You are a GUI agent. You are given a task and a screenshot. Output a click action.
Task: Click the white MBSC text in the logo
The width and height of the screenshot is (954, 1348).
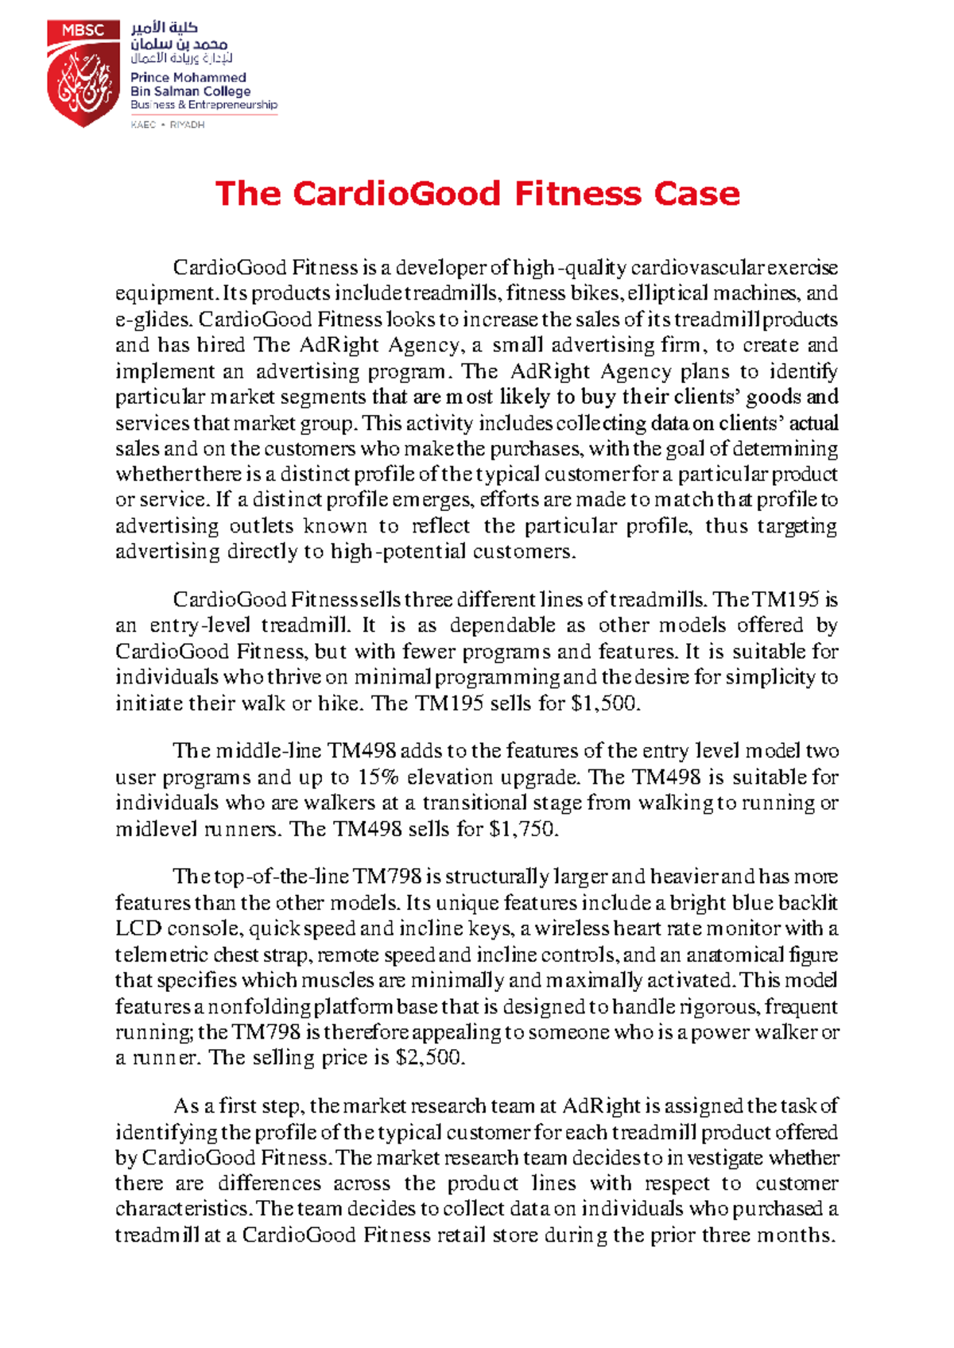click(x=83, y=30)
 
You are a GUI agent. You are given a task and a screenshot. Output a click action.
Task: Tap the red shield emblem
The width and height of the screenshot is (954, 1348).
click(x=83, y=83)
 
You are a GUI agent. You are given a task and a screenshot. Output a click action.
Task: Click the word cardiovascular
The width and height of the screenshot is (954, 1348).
click(x=697, y=268)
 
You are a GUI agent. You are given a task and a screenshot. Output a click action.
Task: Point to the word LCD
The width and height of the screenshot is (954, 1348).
click(x=138, y=928)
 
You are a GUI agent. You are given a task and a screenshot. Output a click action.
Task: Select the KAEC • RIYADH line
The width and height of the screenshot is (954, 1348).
click(x=168, y=125)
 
